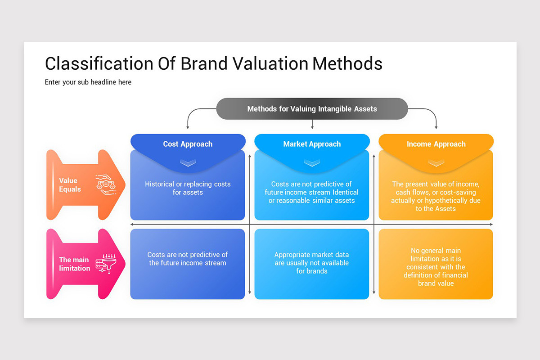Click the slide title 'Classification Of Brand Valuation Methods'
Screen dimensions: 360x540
click(x=213, y=63)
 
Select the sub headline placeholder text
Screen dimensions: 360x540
click(x=88, y=82)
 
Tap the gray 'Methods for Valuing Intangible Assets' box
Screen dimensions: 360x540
click(x=312, y=108)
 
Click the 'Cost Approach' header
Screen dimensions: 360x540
click(x=188, y=144)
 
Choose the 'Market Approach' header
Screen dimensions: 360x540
click(x=312, y=144)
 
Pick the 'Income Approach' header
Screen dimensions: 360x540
click(x=436, y=144)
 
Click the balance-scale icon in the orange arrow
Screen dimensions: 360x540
click(x=106, y=184)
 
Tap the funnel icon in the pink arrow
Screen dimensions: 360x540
click(x=106, y=264)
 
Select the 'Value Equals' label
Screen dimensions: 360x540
click(x=70, y=185)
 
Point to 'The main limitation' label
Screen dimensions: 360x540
click(x=74, y=264)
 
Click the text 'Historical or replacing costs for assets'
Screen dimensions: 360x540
click(x=188, y=188)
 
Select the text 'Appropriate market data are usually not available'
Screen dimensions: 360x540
click(x=312, y=263)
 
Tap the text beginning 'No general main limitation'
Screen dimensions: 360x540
click(x=436, y=267)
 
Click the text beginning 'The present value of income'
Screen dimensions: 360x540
click(x=436, y=196)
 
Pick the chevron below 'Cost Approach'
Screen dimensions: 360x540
click(x=188, y=163)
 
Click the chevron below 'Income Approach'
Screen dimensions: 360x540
click(x=436, y=163)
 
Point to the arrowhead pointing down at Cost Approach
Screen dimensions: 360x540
click(x=188, y=127)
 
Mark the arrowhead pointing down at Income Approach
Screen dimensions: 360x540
click(x=436, y=127)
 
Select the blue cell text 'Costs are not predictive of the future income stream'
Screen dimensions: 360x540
click(x=188, y=259)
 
